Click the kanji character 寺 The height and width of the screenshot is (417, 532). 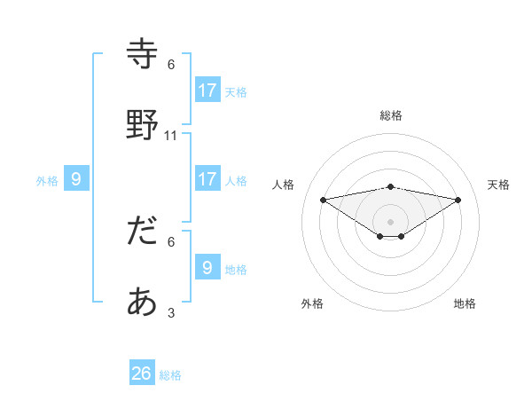pyautogui.click(x=143, y=54)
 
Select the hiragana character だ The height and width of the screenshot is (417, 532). pyautogui.click(x=143, y=232)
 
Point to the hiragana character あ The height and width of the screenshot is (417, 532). pyautogui.click(x=143, y=303)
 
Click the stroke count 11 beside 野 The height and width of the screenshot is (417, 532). pyautogui.click(x=171, y=136)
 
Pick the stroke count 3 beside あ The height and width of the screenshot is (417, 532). pyautogui.click(x=171, y=313)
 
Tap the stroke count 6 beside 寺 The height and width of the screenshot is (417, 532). pyautogui.click(x=171, y=65)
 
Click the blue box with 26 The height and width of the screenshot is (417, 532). pyautogui.click(x=142, y=374)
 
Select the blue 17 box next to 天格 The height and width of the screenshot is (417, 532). pyautogui.click(x=207, y=90)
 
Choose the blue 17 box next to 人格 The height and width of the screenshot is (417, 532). pyautogui.click(x=207, y=178)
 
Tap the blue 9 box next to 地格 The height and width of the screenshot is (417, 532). pyautogui.click(x=207, y=267)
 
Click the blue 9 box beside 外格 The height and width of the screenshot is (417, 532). pyautogui.click(x=76, y=178)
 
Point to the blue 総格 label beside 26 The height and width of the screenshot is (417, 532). pyautogui.click(x=170, y=375)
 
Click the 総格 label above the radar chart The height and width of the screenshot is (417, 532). pyautogui.click(x=391, y=115)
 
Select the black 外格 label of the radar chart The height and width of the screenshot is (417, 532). pyautogui.click(x=312, y=303)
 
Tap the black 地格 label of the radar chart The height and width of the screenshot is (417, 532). pyautogui.click(x=465, y=303)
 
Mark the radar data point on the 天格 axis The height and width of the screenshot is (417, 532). pyautogui.click(x=458, y=200)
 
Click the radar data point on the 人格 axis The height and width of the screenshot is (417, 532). pyautogui.click(x=324, y=200)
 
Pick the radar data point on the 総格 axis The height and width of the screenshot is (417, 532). pyautogui.click(x=391, y=186)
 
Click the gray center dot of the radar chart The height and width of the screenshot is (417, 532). pyautogui.click(x=391, y=221)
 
